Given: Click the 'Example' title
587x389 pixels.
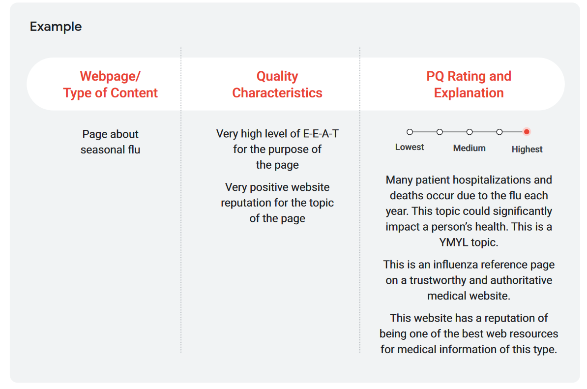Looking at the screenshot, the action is (x=56, y=27).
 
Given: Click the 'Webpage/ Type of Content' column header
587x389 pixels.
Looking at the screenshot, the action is (x=111, y=84).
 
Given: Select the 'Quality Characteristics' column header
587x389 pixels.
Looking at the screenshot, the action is (x=277, y=84).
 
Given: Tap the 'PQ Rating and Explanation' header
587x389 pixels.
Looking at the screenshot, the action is (x=469, y=84).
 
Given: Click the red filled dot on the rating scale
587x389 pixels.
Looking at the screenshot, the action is (x=527, y=132).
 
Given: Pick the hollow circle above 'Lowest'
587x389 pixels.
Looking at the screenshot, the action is (x=410, y=132).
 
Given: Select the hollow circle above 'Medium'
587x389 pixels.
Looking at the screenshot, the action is (x=470, y=132).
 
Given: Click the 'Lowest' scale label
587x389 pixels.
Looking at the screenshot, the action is (x=410, y=147).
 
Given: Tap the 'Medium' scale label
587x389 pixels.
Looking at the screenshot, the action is (x=470, y=148).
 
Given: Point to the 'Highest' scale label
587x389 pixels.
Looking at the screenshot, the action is (x=527, y=150).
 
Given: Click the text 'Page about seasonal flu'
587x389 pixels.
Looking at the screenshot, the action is (x=111, y=142).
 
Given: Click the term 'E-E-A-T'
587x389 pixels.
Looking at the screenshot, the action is (x=321, y=134).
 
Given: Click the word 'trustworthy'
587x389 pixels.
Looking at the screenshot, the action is (x=438, y=280).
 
